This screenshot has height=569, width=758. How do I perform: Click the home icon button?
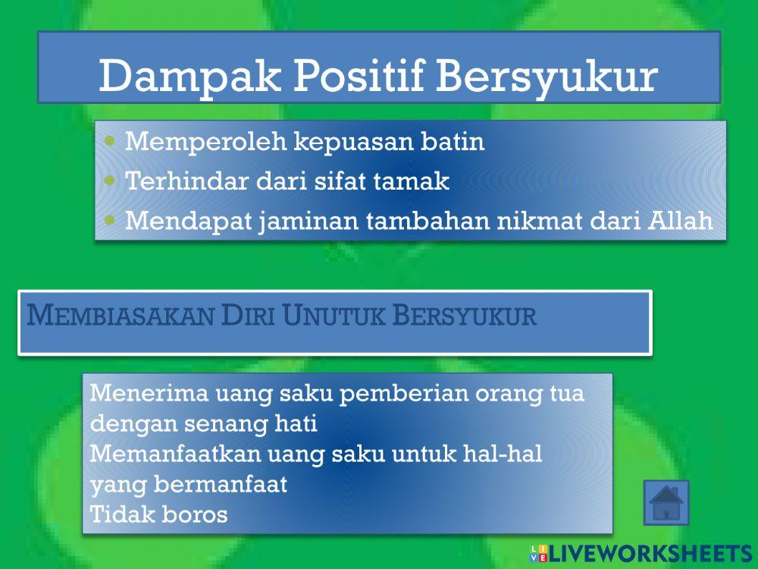pyautogui.click(x=666, y=502)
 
